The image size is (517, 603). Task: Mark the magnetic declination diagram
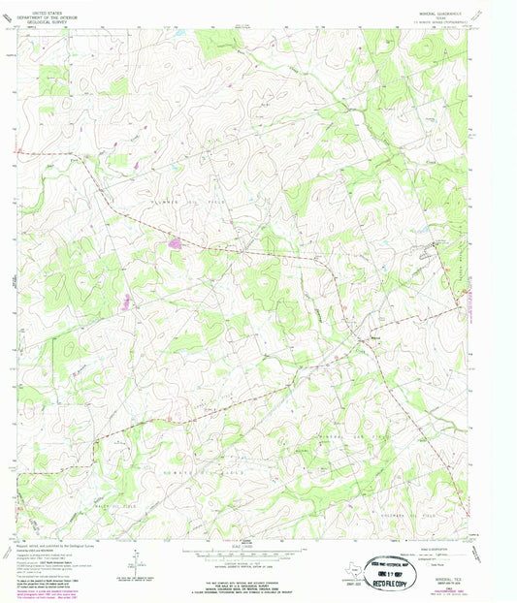click(x=138, y=561)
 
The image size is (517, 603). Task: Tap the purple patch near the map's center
click(x=176, y=243)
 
